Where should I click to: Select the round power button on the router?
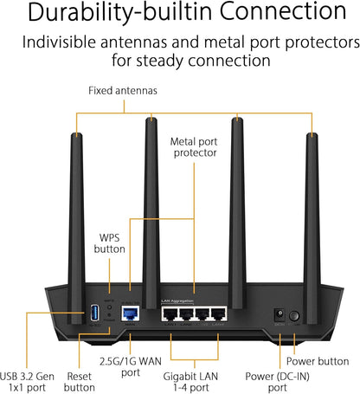click(295, 316)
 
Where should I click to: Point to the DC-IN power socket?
click(279, 316)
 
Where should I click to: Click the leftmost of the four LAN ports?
click(170, 316)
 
